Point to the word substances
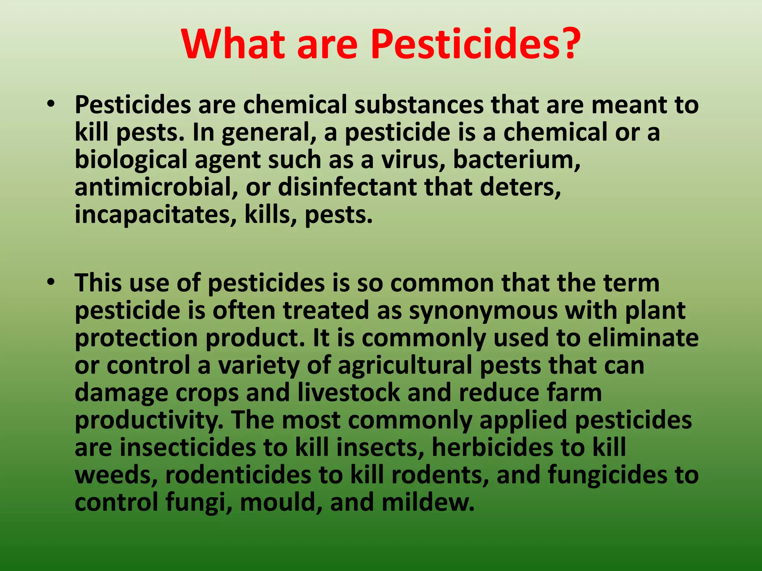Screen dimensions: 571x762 (419, 105)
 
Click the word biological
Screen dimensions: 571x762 (131, 160)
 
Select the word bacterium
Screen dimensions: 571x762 (516, 160)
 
